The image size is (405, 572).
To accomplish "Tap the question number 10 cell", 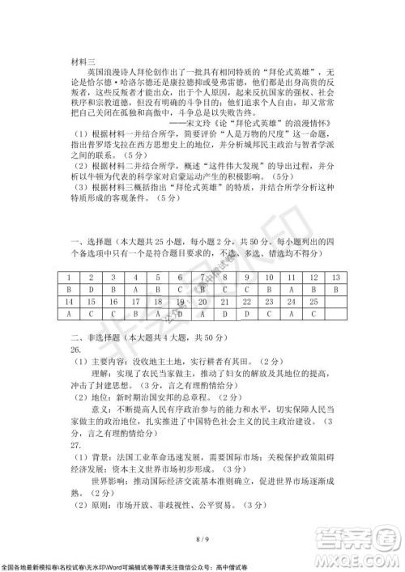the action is pyautogui.click(x=267, y=277).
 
